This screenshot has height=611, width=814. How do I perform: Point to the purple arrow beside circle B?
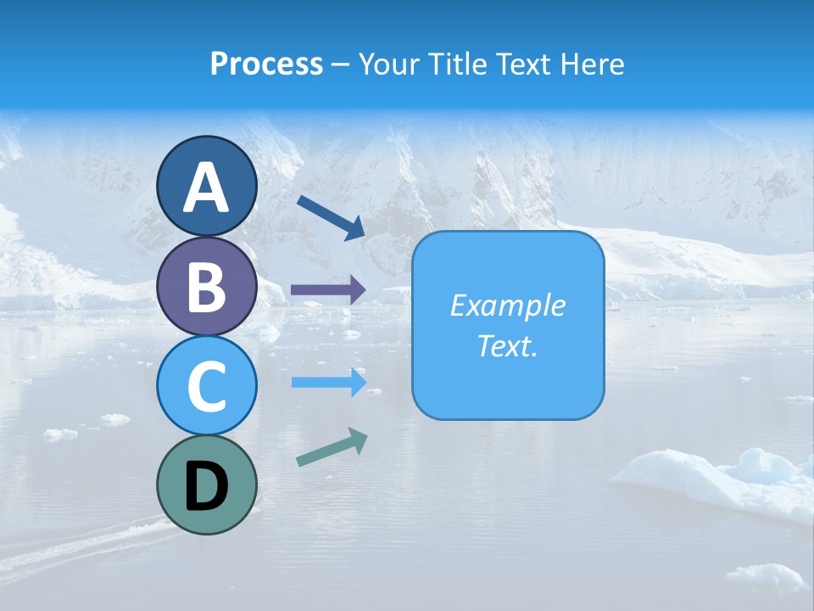[x=328, y=290]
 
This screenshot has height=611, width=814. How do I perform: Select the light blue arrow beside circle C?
[x=328, y=383]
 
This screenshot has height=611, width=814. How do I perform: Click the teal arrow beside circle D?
[x=332, y=447]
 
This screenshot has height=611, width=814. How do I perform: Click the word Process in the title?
[x=266, y=64]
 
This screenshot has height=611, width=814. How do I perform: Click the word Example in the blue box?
[x=507, y=305]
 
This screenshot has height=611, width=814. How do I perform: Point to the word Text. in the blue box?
[x=507, y=346]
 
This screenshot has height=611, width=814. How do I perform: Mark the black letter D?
[x=207, y=488]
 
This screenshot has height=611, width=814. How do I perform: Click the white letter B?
[x=207, y=288]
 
